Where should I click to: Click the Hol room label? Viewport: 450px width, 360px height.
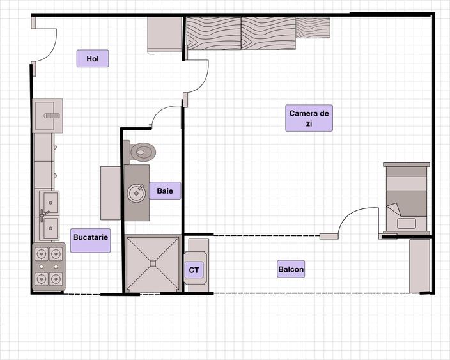[x=93, y=58]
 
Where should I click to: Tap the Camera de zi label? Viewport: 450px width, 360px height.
[x=309, y=118]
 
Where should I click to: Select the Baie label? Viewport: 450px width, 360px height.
[x=165, y=191]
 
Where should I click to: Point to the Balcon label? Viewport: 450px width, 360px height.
[x=291, y=269]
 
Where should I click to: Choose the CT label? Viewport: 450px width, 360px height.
[x=194, y=270]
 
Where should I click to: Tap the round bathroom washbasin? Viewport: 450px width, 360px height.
[x=136, y=193]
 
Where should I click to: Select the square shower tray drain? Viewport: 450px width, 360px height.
[x=153, y=263]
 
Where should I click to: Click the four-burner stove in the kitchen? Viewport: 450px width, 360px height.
[x=49, y=266]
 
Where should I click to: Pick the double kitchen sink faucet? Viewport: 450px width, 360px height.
[x=43, y=215]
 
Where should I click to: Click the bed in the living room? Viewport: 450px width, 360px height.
[x=407, y=199]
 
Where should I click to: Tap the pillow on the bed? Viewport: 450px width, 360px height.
[x=407, y=223]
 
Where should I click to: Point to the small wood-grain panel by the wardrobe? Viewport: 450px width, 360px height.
[x=313, y=28]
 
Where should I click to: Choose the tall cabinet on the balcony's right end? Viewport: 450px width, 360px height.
[x=419, y=266]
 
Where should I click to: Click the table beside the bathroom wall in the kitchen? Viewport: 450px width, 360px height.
[x=111, y=193]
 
